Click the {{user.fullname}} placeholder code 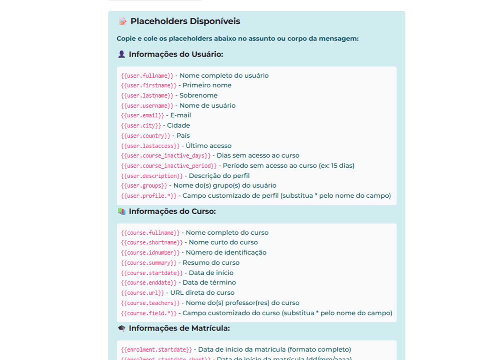147,76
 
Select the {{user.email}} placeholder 142,116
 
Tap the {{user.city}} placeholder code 141,126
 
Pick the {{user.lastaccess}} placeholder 150,146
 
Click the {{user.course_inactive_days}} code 166,156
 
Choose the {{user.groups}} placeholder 144,186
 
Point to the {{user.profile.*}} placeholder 149,196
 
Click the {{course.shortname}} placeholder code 152,243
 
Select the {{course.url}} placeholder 142,293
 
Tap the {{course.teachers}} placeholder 150,303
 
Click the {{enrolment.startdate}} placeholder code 156,350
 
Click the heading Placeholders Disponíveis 185,21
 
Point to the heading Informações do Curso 172,211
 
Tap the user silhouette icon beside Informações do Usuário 122,54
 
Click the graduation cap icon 122,328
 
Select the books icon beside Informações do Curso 122,211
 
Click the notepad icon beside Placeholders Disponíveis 123,21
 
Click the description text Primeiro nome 207,85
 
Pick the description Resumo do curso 211,263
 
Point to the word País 183,136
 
